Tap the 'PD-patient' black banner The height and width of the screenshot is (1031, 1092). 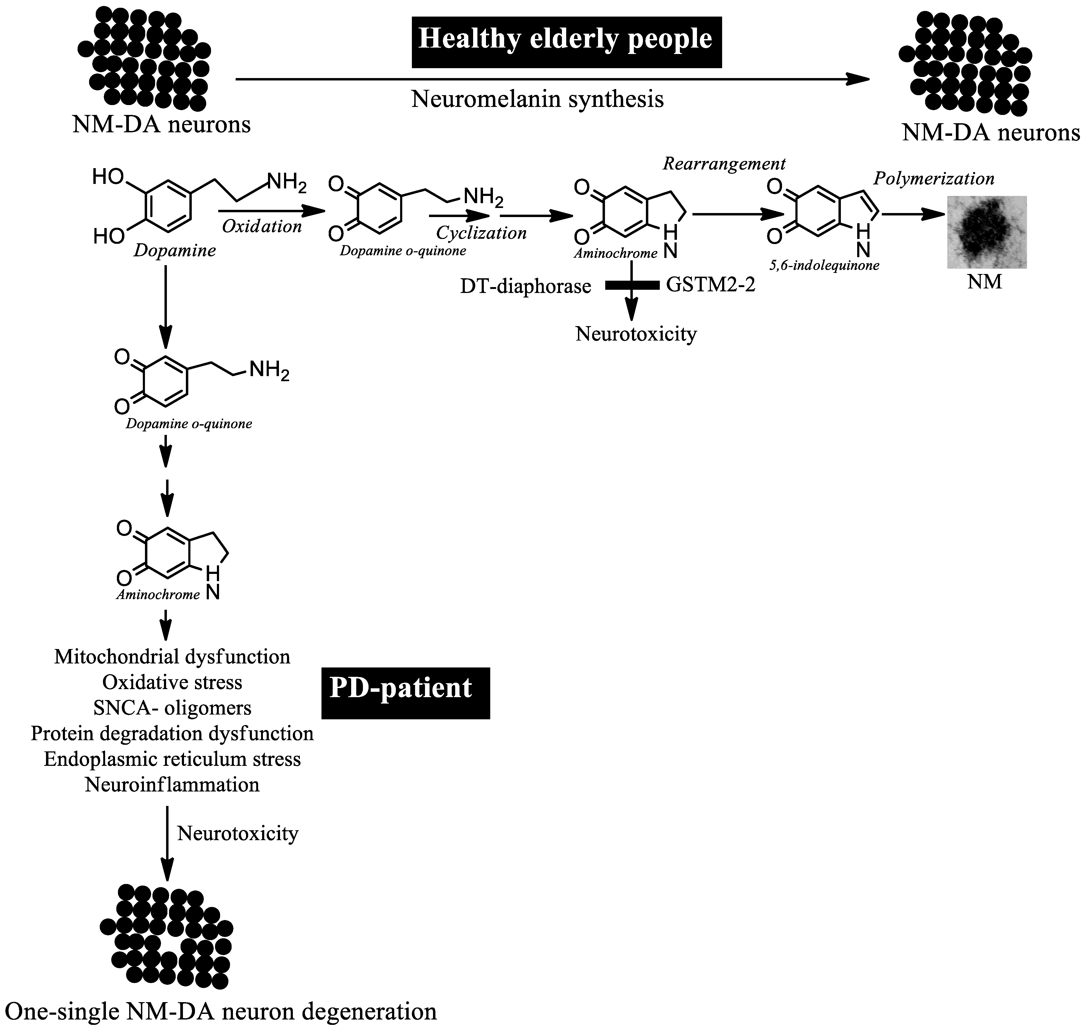coord(405,693)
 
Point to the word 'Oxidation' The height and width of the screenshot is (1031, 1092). coord(262,226)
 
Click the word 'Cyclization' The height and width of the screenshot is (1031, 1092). coord(481,233)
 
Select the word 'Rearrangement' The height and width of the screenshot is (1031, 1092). coord(724,164)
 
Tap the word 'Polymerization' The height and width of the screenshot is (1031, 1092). coord(934,179)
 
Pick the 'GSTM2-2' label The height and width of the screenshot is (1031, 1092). coord(710,285)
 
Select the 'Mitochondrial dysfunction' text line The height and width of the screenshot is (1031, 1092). coord(172,657)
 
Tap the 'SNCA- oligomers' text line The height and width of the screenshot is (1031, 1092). coord(172,708)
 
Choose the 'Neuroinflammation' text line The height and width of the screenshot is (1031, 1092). coord(172,784)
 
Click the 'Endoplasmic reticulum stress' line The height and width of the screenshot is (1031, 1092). coord(172,759)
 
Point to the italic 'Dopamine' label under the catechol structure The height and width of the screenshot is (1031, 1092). coord(174,251)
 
